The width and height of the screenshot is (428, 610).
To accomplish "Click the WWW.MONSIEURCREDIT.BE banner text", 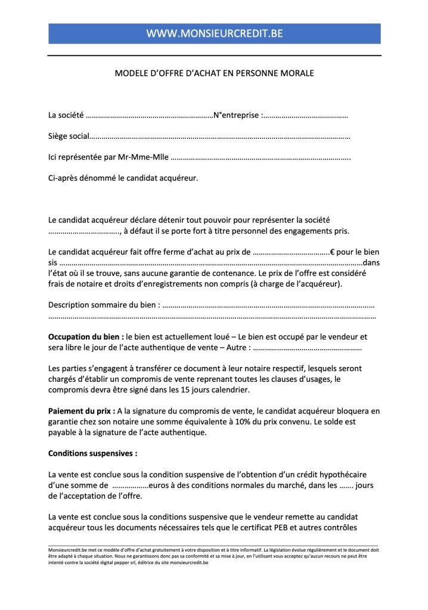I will [x=214, y=34].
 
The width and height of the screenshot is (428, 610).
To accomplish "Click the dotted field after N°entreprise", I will [x=305, y=115].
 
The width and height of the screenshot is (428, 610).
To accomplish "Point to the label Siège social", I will [x=68, y=137].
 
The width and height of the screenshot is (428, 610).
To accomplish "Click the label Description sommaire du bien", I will [x=103, y=306].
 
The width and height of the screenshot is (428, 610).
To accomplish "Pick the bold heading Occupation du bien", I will [x=85, y=337].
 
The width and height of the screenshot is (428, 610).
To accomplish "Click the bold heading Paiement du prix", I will [x=81, y=411].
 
